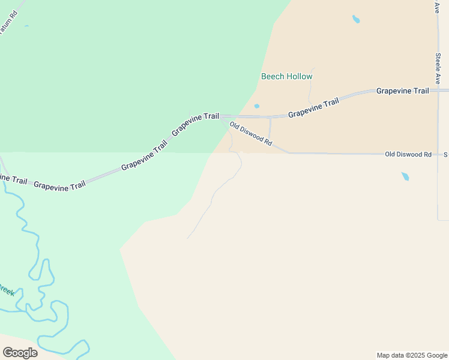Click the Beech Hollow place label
(x=286, y=76)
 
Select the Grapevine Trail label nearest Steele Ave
(x=402, y=91)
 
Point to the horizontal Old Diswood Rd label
(x=408, y=154)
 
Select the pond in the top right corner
(x=356, y=19)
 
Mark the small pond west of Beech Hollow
(x=257, y=106)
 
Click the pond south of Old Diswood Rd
(x=405, y=176)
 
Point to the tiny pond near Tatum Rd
(x=26, y=26)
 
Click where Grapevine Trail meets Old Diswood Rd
(x=221, y=116)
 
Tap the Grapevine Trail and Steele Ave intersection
(x=438, y=91)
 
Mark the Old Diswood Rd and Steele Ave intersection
(x=438, y=154)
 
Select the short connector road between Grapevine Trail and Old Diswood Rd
(x=270, y=127)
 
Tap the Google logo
(x=20, y=352)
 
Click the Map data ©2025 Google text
(x=412, y=355)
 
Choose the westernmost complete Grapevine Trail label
(x=59, y=185)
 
